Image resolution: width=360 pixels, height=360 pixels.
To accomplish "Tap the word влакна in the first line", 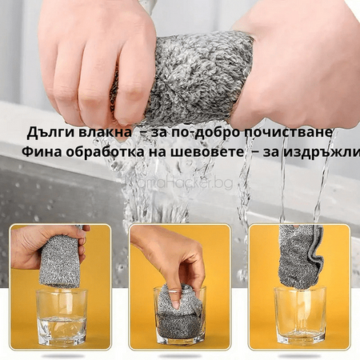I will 100,131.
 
